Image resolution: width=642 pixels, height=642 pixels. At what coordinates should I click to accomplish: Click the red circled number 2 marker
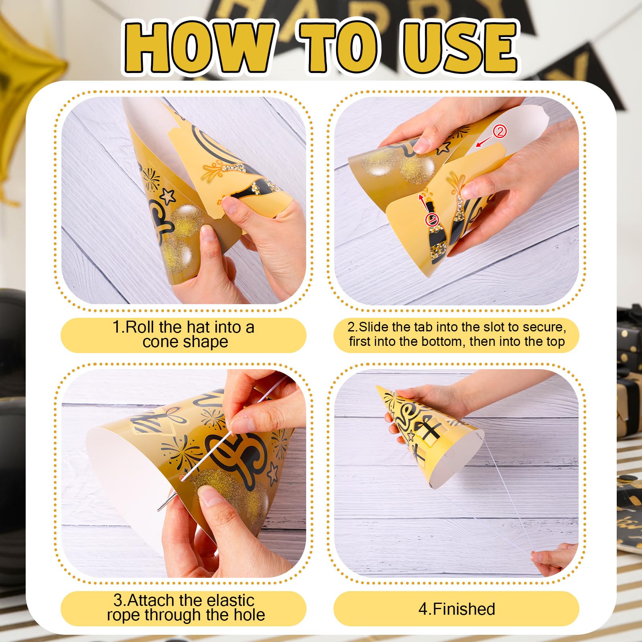tap(500, 131)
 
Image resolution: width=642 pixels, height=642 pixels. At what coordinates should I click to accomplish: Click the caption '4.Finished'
tap(457, 609)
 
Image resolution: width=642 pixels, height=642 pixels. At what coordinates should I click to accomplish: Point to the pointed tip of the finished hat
tap(377, 387)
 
